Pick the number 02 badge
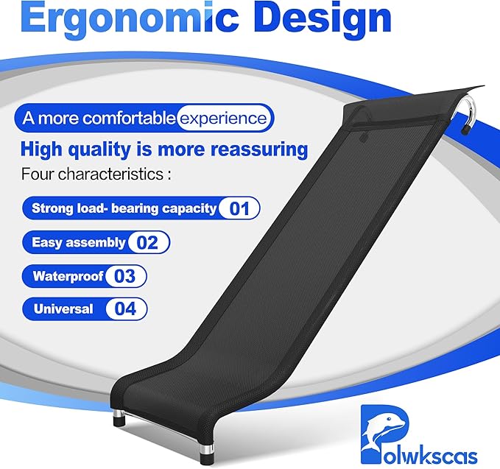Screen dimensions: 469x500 tap(148, 242)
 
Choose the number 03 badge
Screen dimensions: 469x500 tap(125, 277)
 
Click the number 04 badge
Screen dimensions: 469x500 tap(126, 309)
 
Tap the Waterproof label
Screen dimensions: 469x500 tap(65, 277)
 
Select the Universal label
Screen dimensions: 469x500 tap(63, 309)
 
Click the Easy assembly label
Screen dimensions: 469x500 tap(78, 242)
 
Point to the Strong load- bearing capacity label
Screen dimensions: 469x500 tap(124, 208)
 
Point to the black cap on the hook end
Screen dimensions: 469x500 tap(465, 131)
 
